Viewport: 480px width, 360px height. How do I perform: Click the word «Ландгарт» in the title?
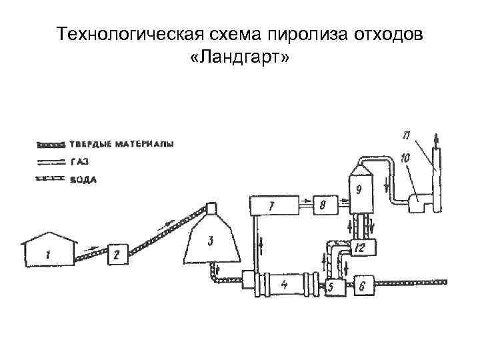(239, 59)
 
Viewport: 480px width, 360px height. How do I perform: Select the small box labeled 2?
(117, 253)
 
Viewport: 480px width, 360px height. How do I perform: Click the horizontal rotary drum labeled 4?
(285, 285)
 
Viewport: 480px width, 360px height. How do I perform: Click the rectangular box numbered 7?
(271, 206)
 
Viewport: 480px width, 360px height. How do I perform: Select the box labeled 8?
(323, 205)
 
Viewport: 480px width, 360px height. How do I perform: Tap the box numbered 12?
(361, 247)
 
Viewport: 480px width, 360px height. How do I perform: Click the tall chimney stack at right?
(437, 177)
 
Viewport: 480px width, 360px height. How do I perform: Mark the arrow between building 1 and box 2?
(91, 250)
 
